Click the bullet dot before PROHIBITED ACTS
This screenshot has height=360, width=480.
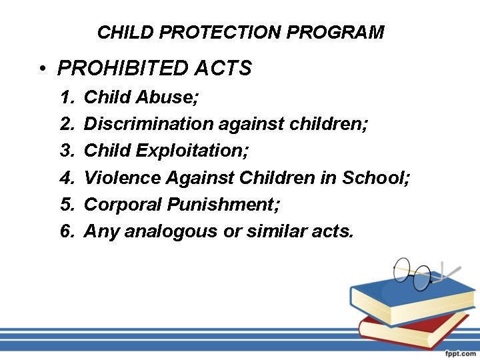[42, 69]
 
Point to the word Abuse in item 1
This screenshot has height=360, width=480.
[167, 97]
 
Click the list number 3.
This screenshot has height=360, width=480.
[66, 151]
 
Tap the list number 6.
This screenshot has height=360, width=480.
[66, 232]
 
